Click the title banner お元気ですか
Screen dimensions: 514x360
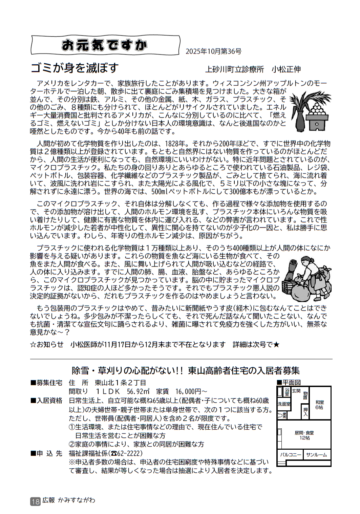click(x=105, y=45)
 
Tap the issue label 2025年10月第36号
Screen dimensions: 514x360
click(x=213, y=51)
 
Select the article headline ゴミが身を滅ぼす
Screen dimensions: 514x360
click(x=75, y=68)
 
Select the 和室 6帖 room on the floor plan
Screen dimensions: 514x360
click(x=319, y=405)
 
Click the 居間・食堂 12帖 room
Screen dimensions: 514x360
click(x=304, y=435)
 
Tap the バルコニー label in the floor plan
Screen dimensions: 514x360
click(x=291, y=455)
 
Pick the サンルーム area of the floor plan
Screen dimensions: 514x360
click(x=316, y=455)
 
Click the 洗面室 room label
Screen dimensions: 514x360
click(x=284, y=404)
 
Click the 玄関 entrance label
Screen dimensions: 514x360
click(x=296, y=391)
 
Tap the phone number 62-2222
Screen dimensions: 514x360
click(x=129, y=453)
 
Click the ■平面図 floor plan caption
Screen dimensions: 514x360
click(x=289, y=382)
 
